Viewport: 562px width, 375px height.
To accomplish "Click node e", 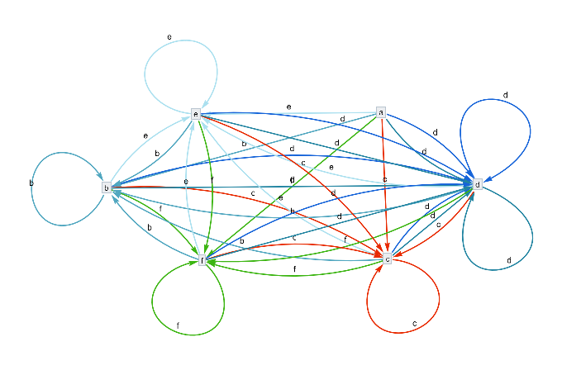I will click(196, 113).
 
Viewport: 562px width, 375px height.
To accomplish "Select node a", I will click(381, 112).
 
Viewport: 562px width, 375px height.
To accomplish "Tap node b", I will click(107, 187).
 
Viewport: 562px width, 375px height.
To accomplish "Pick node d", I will click(477, 184).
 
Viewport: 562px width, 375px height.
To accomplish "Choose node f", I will click(202, 260).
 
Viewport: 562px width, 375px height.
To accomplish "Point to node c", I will click(387, 259).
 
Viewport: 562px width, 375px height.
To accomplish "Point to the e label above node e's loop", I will click(169, 37).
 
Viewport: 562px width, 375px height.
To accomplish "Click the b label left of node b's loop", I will click(31, 183).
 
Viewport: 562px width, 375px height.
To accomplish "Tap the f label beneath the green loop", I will click(178, 325).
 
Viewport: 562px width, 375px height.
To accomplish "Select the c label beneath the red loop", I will click(414, 325).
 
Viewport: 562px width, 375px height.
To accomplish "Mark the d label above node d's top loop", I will click(505, 95).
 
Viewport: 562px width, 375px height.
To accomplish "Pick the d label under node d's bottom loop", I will click(509, 260).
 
